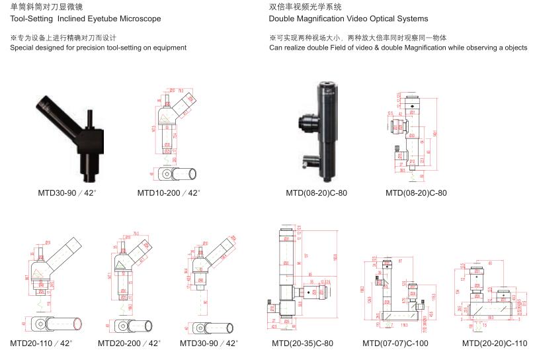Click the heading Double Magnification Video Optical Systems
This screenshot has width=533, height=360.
coord(348,19)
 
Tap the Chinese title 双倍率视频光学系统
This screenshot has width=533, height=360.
coord(306,7)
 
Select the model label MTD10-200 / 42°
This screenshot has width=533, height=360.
coord(169,193)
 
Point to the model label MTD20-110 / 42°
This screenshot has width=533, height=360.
coord(41,343)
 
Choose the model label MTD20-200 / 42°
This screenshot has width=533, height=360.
coord(129,343)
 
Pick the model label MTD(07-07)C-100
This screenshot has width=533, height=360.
coord(395,343)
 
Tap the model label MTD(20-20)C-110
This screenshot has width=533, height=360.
coord(495,343)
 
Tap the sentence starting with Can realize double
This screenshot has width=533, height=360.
coord(398,48)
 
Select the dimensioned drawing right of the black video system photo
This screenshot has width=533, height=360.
coord(413,136)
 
